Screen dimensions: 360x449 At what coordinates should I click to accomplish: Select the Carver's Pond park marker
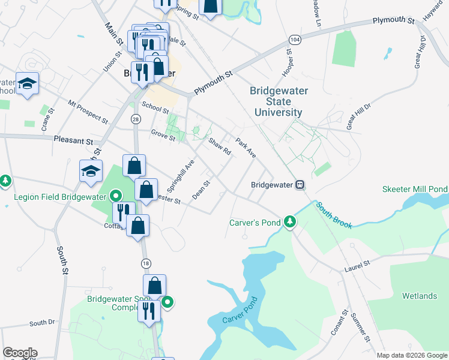point(290,222)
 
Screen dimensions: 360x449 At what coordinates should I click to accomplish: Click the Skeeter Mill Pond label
point(415,189)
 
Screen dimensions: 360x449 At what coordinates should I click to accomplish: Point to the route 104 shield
point(294,39)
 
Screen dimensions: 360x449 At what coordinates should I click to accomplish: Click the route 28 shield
point(136,120)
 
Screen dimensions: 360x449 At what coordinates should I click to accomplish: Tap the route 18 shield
point(146,263)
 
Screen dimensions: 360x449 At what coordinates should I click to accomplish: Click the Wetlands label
point(420,296)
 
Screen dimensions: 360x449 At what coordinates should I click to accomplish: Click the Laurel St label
point(358,265)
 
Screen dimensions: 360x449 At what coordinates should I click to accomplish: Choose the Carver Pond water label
point(240,311)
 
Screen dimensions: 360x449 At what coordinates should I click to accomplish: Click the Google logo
point(20,353)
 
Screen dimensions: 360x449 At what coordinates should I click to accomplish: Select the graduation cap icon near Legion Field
point(91,171)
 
